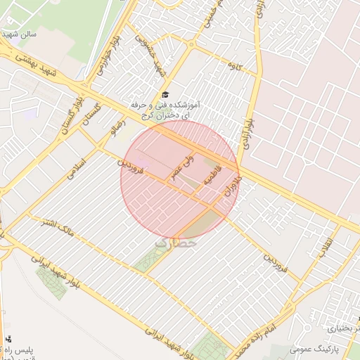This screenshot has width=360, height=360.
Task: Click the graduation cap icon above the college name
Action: tap(165, 94)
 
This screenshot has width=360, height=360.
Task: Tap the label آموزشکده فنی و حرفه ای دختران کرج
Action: tap(165, 110)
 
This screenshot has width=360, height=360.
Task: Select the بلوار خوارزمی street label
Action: tap(106, 56)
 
